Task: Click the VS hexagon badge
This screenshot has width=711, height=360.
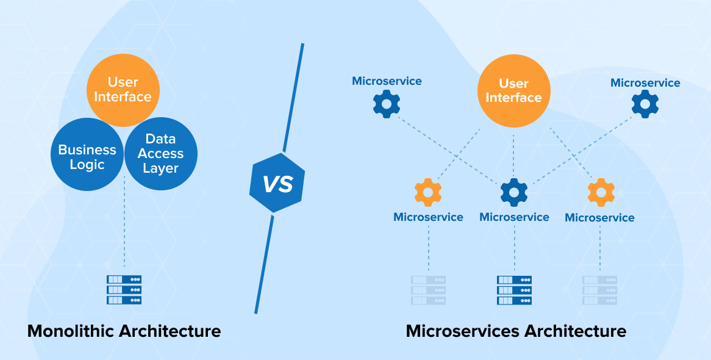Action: tap(277, 183)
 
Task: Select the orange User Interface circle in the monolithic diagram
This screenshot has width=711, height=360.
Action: tap(123, 89)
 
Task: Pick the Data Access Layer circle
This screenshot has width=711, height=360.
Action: tap(161, 154)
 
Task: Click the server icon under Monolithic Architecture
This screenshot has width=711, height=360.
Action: tap(124, 290)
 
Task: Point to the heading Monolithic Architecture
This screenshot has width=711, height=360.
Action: tap(124, 331)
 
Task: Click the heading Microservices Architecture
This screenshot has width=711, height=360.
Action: tap(515, 331)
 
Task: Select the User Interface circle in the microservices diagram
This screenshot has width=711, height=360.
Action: tap(513, 90)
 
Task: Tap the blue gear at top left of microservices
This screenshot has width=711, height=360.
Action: tap(386, 104)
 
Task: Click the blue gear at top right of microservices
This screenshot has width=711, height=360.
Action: tap(645, 105)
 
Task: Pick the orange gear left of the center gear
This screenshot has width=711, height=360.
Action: tap(428, 193)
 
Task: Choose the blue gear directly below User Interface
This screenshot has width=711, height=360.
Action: tap(514, 193)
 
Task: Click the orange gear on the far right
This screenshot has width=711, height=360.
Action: tap(601, 193)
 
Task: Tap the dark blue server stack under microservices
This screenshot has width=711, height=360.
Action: tap(514, 290)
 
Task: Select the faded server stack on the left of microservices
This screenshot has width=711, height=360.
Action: tap(428, 290)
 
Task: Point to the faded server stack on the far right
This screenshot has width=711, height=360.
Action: tap(599, 290)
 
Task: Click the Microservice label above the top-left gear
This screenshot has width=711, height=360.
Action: tap(387, 81)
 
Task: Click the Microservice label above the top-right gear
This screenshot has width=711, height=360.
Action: tap(645, 83)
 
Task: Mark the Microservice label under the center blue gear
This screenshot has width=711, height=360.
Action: tap(514, 217)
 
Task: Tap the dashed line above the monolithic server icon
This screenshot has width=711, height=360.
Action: tap(124, 226)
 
